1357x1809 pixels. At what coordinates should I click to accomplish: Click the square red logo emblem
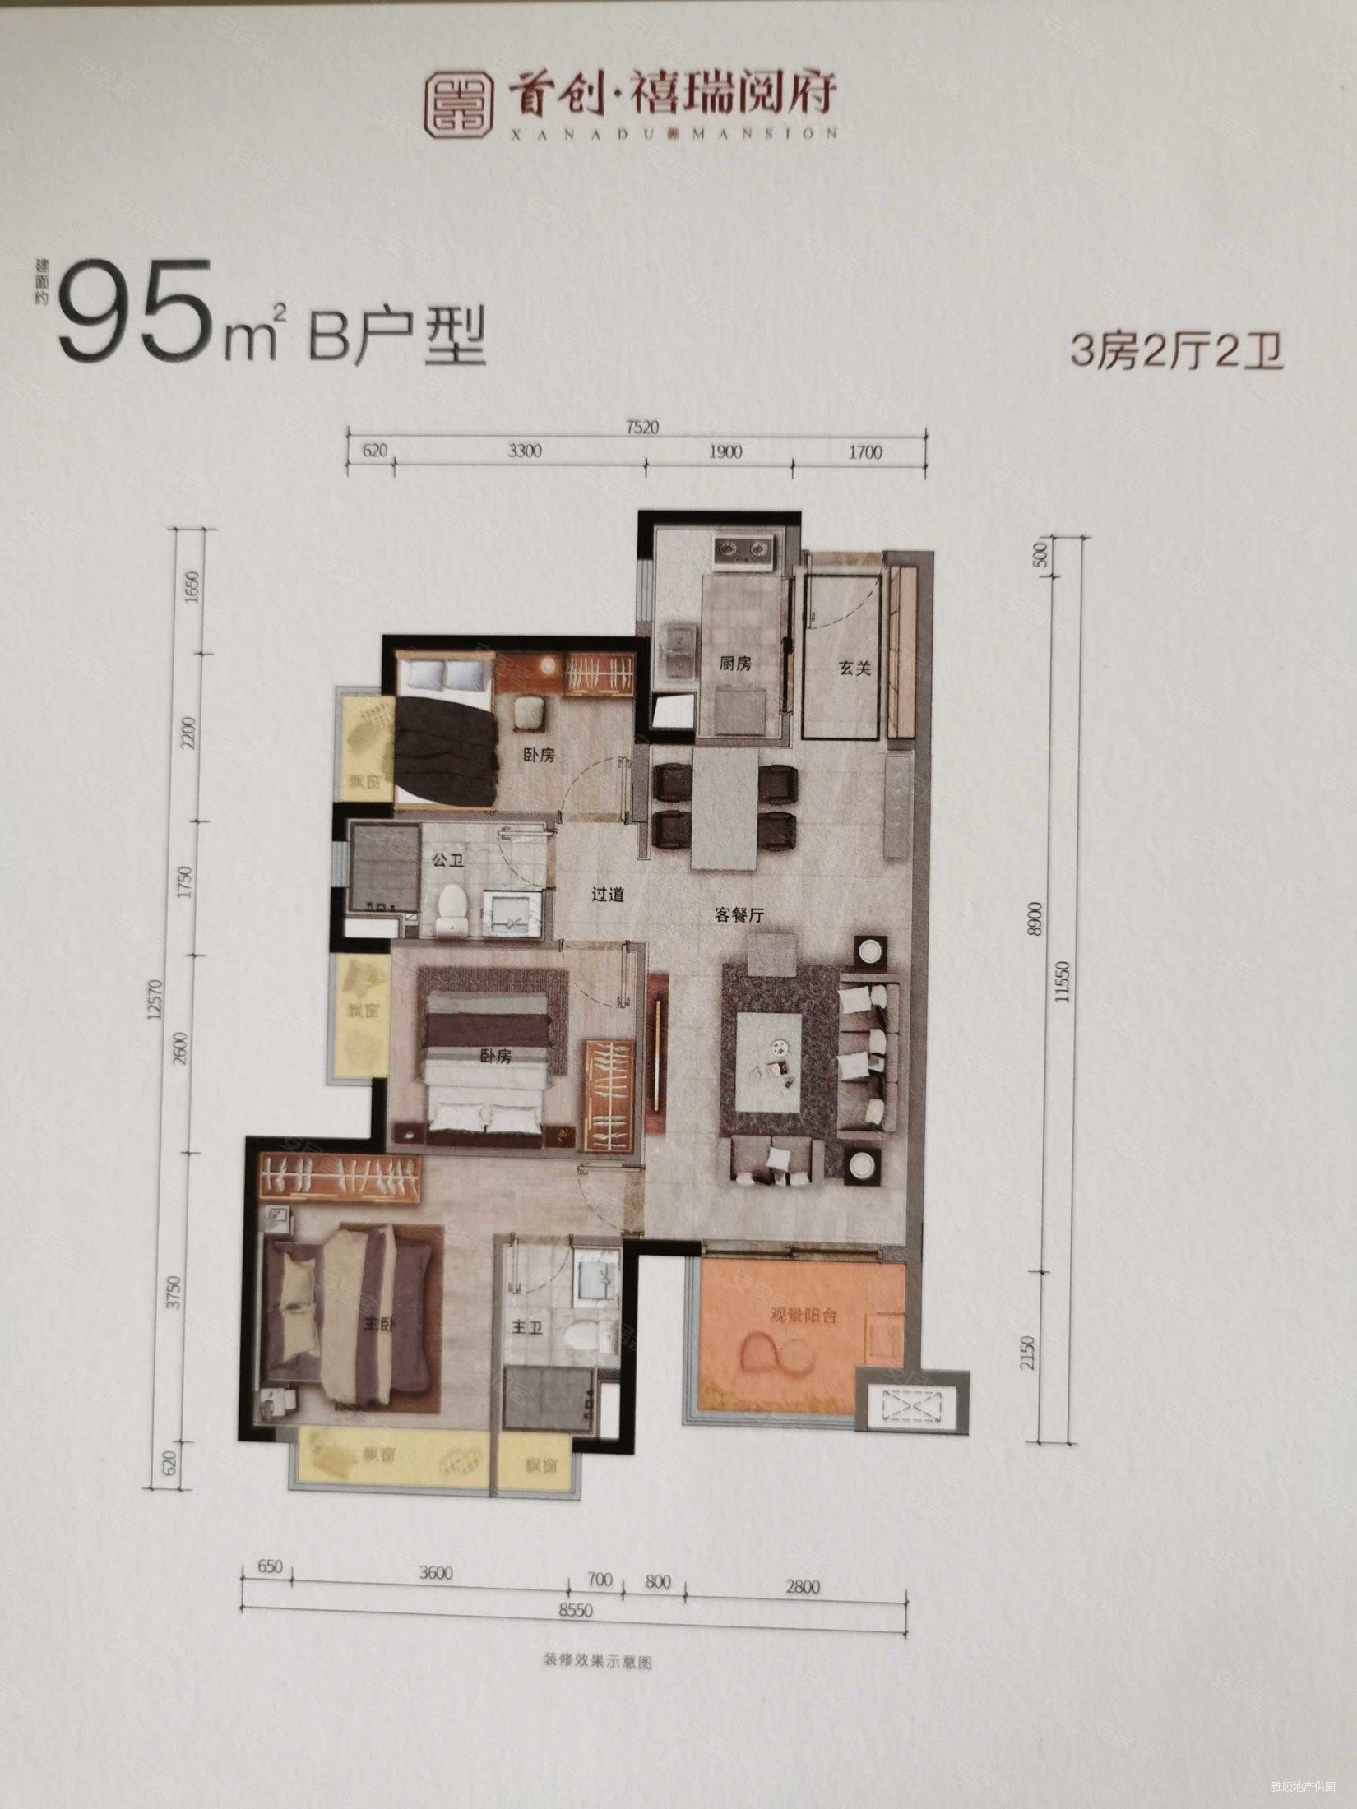[458, 104]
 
